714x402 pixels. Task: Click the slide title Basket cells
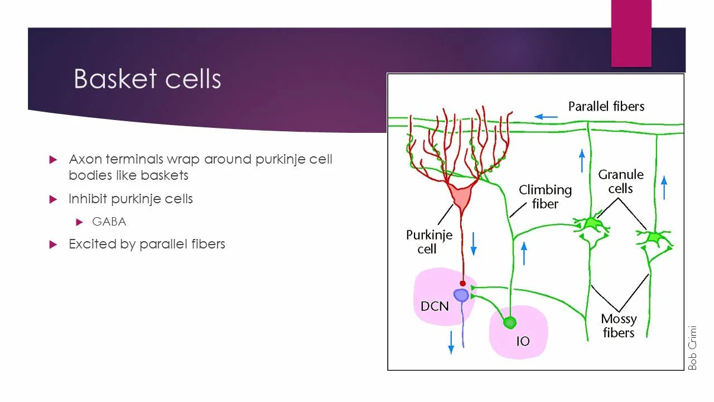click(x=147, y=79)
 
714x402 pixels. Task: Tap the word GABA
click(x=109, y=222)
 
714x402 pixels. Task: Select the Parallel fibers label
click(x=606, y=106)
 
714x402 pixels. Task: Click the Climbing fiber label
click(x=545, y=197)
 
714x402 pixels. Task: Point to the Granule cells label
click(x=620, y=181)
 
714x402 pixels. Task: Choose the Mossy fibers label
click(x=618, y=326)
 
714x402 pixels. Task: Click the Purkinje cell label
click(x=428, y=241)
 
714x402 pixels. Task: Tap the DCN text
click(x=435, y=306)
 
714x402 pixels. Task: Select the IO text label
click(x=523, y=341)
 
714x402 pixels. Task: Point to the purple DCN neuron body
click(x=461, y=295)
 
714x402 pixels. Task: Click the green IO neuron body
click(x=509, y=323)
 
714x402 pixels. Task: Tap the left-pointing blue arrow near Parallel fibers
click(x=546, y=117)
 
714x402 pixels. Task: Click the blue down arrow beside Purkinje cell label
click(x=474, y=243)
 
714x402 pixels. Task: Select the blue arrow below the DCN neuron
click(x=451, y=342)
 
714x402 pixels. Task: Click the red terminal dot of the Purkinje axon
click(x=462, y=284)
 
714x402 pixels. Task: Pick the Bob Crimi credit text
click(x=692, y=347)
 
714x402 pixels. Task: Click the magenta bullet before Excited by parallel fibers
click(x=53, y=244)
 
